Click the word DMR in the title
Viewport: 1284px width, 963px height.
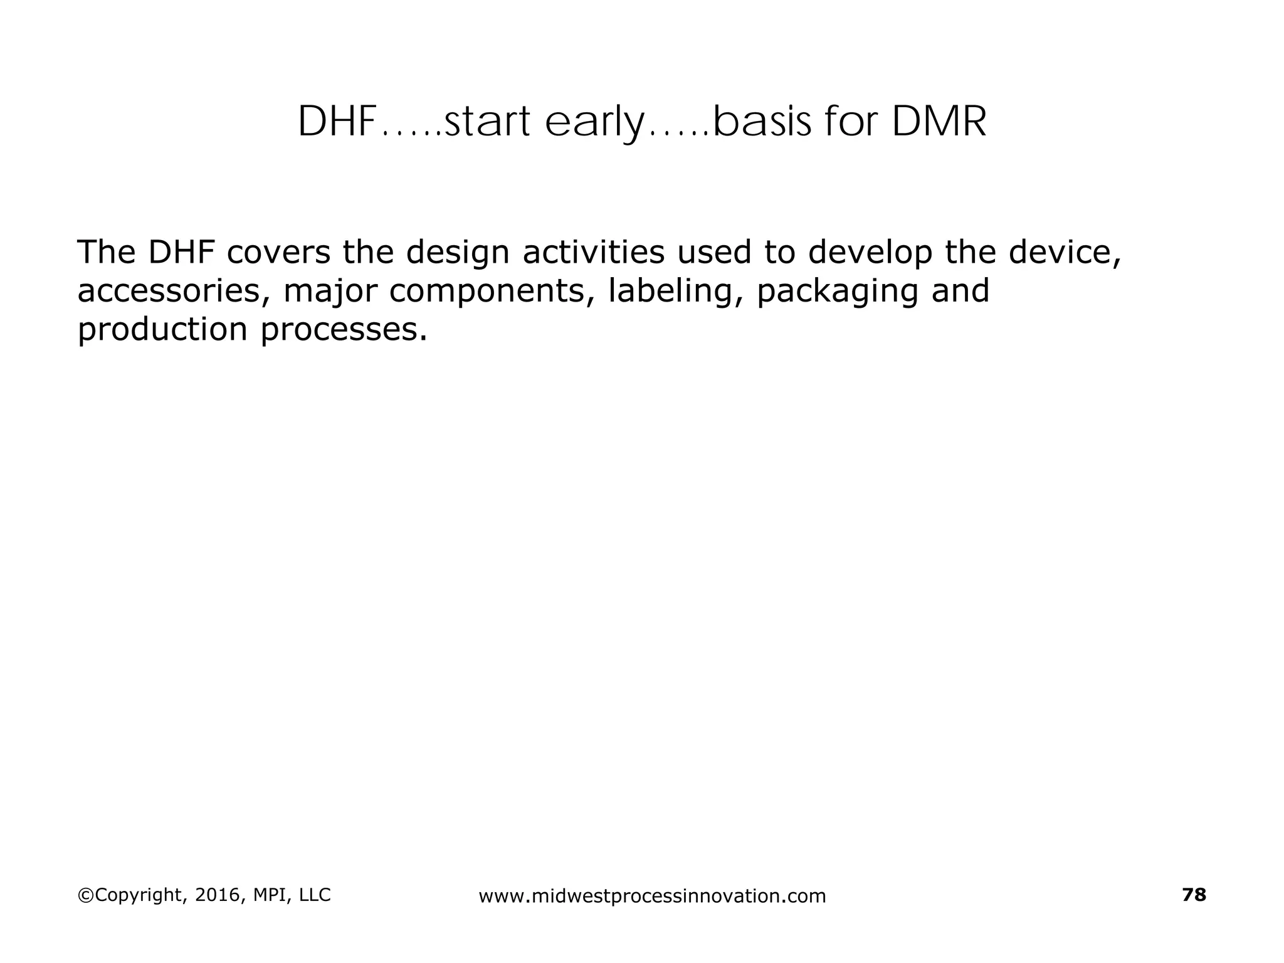pos(939,122)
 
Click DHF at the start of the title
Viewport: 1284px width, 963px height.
pos(335,122)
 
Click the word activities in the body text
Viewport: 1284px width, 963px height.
pos(593,252)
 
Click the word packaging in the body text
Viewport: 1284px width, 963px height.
pos(838,291)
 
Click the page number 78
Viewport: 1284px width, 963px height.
pos(1194,895)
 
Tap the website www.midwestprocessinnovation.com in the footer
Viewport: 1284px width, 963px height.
pos(652,897)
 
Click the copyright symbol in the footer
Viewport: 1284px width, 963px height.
pos(84,895)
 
